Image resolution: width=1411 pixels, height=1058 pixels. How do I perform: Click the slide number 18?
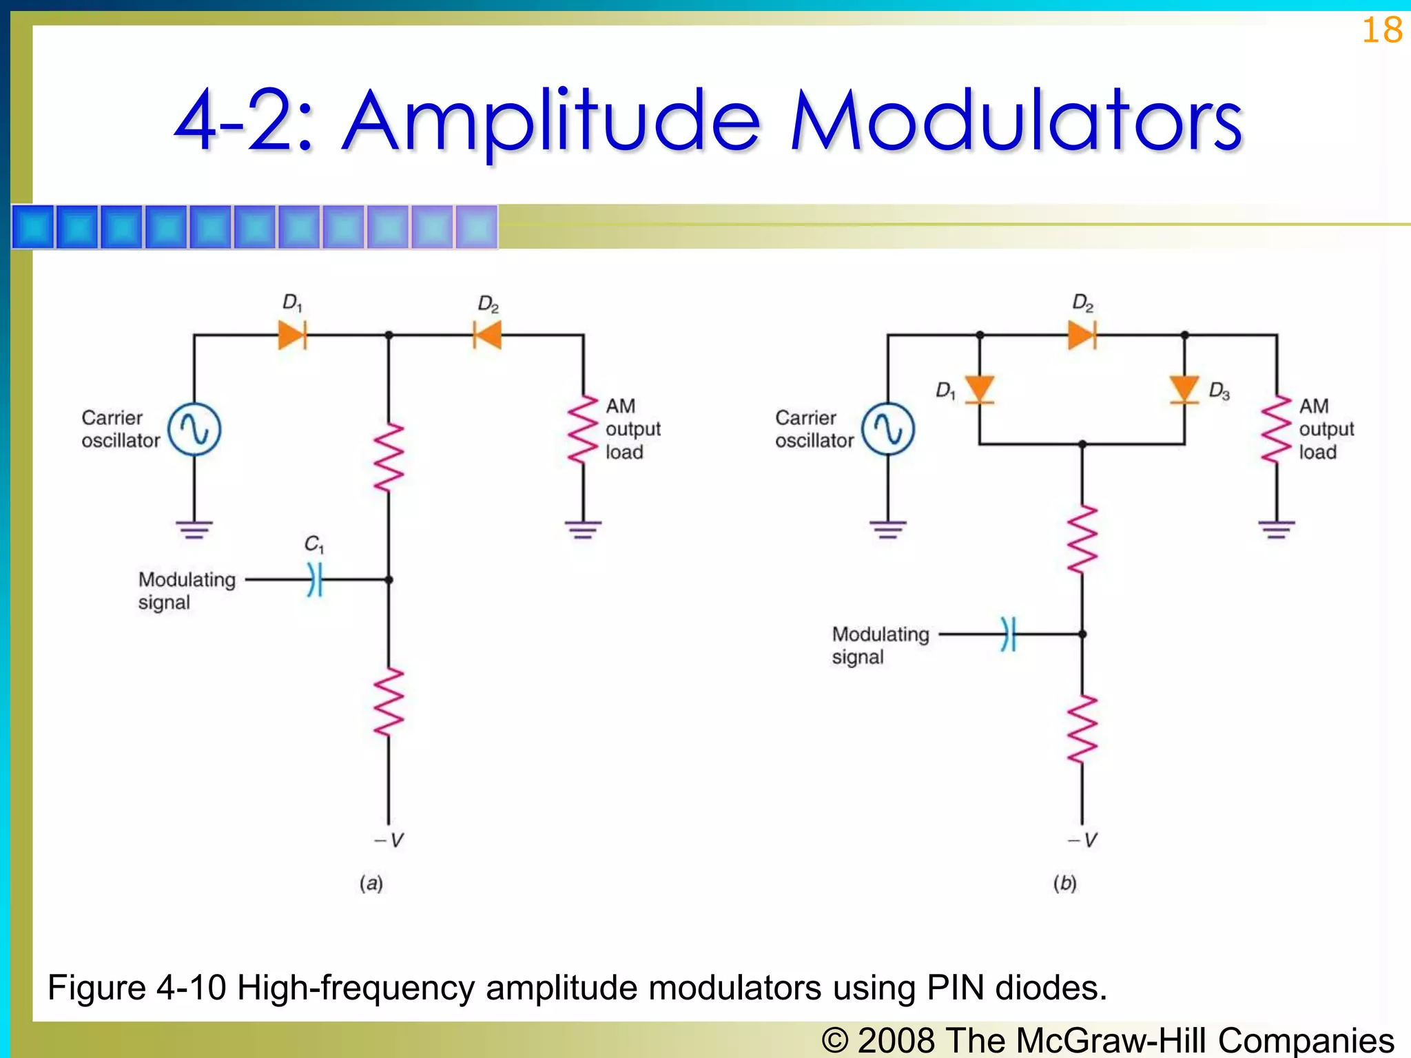[1381, 30]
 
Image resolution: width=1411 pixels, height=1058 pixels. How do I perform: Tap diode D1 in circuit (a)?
[292, 335]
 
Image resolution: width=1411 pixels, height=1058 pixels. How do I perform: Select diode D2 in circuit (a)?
[487, 335]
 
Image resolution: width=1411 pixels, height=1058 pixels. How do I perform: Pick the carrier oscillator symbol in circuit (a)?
[194, 430]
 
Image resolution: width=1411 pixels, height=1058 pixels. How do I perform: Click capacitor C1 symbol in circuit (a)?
[315, 579]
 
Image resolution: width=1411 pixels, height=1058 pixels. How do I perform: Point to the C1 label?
[314, 544]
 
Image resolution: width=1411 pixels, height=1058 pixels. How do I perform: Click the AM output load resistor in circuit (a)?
[583, 431]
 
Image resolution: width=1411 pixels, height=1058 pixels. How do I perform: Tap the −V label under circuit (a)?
[389, 840]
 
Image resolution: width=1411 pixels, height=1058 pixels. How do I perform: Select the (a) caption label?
[371, 884]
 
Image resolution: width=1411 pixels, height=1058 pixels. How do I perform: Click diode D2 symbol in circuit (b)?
[1082, 335]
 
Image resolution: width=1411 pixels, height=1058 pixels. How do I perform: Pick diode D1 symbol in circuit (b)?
[979, 389]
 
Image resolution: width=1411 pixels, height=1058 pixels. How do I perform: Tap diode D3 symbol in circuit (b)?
[1184, 389]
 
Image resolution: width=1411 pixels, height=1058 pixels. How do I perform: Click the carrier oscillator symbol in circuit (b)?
[888, 430]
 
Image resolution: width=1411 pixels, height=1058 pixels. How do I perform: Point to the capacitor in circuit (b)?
[1009, 634]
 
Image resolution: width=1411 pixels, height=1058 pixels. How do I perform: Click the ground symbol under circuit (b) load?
[1277, 530]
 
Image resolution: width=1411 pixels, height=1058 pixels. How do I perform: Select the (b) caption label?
[1064, 884]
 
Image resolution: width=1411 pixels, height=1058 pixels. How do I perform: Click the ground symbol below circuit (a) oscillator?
[194, 530]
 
